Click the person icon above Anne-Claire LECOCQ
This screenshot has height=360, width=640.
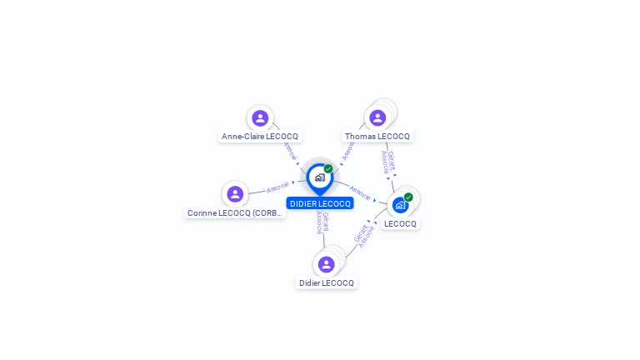pyautogui.click(x=260, y=118)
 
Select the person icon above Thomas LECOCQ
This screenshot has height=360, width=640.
pyautogui.click(x=377, y=118)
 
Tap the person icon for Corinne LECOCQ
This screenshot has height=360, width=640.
pyautogui.click(x=235, y=194)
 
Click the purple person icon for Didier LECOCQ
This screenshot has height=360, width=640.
pyautogui.click(x=326, y=265)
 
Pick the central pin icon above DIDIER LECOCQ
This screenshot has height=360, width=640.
pyautogui.click(x=319, y=177)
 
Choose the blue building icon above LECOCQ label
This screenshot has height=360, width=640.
pyautogui.click(x=400, y=205)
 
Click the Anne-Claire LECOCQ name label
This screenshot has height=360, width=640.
pyautogui.click(x=259, y=136)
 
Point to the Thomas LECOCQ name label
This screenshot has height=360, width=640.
pyautogui.click(x=377, y=136)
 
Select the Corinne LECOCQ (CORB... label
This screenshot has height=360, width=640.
pyautogui.click(x=235, y=212)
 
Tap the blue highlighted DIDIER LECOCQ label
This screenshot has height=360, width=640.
pyautogui.click(x=320, y=203)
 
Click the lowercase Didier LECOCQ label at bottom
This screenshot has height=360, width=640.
pyautogui.click(x=327, y=283)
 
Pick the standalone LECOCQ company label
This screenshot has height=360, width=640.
pyautogui.click(x=400, y=223)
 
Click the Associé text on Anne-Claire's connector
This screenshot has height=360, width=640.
pyautogui.click(x=289, y=151)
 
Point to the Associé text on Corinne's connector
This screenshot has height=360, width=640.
pyautogui.click(x=277, y=187)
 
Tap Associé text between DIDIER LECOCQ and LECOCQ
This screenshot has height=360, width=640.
pyautogui.click(x=359, y=192)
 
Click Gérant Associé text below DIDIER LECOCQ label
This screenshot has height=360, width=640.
pyautogui.click(x=322, y=222)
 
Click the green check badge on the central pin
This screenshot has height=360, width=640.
pyautogui.click(x=328, y=169)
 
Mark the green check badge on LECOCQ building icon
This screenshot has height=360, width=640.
pyautogui.click(x=408, y=197)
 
